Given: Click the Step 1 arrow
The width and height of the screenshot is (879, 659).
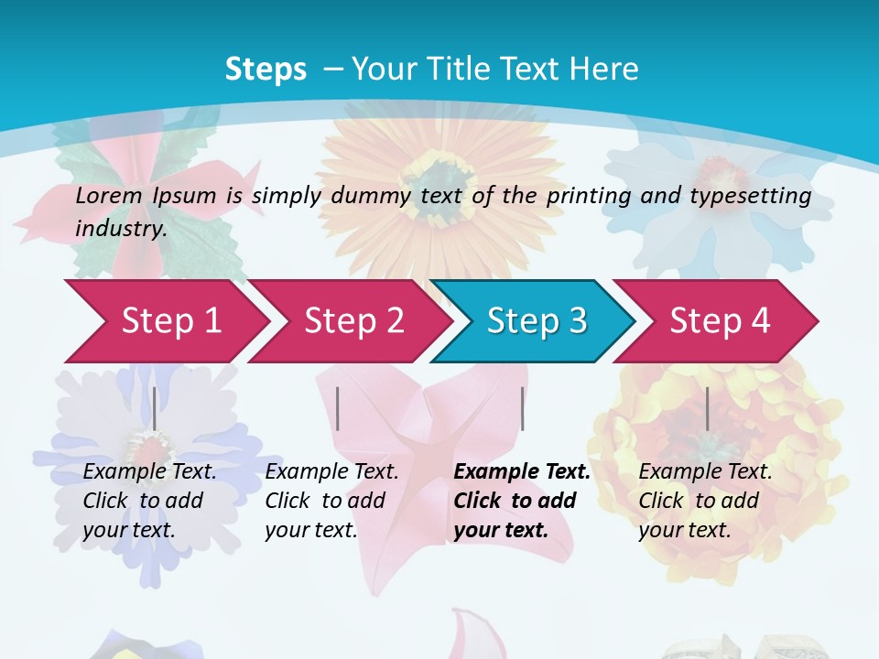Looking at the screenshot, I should pos(170,320).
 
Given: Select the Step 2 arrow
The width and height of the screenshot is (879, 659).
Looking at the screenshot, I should pos(353,320).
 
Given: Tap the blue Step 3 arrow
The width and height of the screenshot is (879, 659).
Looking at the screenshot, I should pos(537,320).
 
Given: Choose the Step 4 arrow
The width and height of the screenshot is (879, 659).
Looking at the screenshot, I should pos(720,320).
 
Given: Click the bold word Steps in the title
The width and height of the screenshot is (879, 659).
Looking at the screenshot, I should pos(266,69).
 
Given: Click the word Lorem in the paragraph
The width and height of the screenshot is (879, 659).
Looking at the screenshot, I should pos(108,195).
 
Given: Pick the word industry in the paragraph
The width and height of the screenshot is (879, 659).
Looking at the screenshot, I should pos(120,228).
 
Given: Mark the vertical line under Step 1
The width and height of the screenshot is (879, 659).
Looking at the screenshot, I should pos(155,408).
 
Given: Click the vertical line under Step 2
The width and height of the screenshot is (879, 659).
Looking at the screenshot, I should pos(338,408).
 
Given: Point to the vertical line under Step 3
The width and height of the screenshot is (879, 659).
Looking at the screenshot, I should pos(522,408).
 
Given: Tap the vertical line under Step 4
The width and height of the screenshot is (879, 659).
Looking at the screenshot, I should pos(707,408).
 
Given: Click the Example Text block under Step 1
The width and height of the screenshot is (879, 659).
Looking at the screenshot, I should pos(148,501).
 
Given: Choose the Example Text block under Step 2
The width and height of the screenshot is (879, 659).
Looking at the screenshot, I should pos(331,501).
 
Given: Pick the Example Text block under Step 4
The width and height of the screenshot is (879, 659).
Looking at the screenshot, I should pos(704,501).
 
